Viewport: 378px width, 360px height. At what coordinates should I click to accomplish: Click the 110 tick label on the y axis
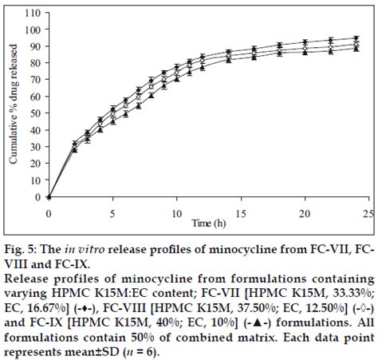(33, 14)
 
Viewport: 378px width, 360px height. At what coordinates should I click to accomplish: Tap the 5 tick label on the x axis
(112, 214)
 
